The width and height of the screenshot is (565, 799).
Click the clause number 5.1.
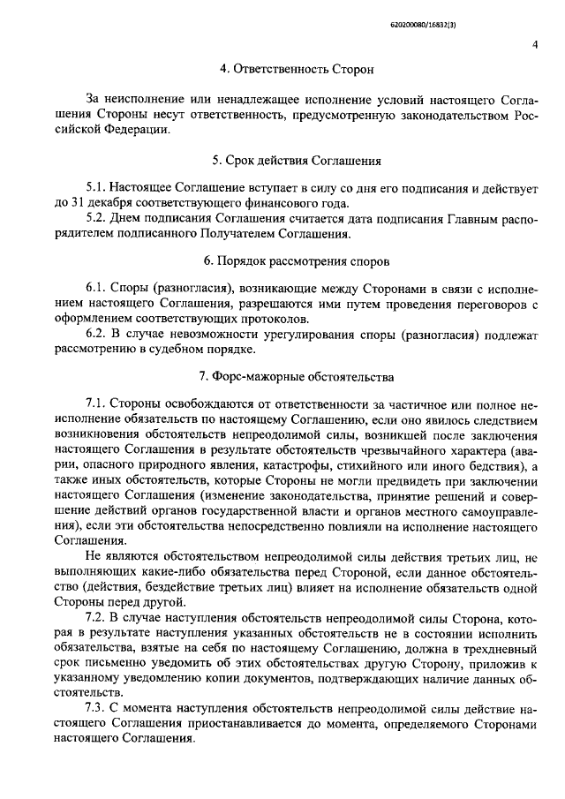pos(96,189)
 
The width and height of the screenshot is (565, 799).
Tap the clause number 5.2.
pos(96,219)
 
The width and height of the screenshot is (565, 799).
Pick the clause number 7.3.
pos(96,709)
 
